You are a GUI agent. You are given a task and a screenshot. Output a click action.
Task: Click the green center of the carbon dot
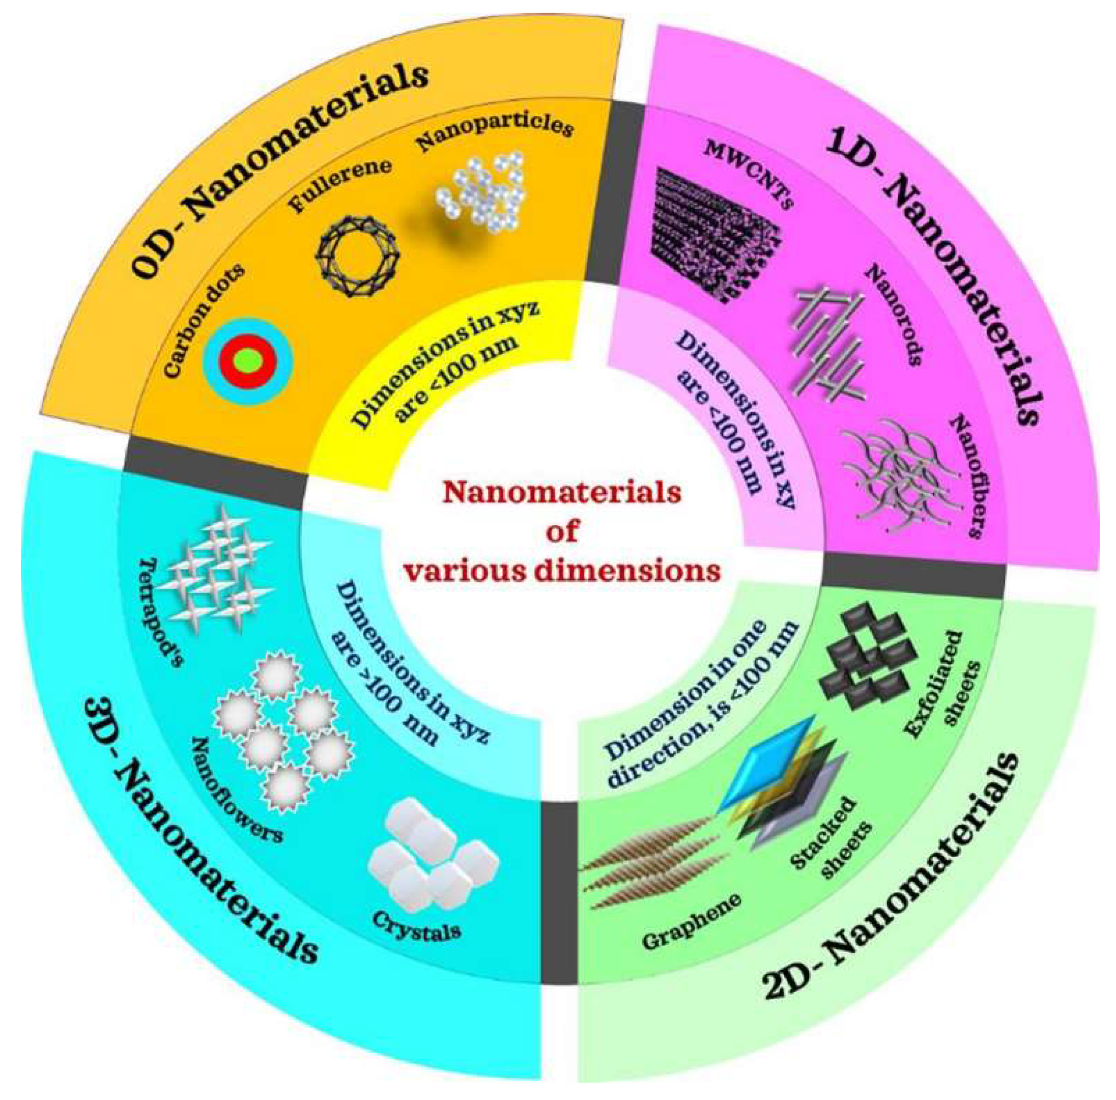pos(248,360)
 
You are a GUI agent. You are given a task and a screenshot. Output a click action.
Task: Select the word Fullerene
pos(341,185)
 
